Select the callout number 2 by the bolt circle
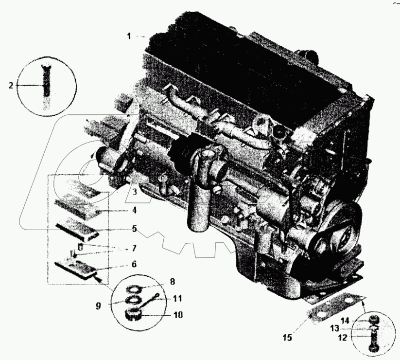pyautogui.click(x=10, y=86)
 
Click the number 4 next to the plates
pyautogui.click(x=134, y=211)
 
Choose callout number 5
pyautogui.click(x=134, y=228)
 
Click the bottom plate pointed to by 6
pyautogui.click(x=78, y=268)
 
